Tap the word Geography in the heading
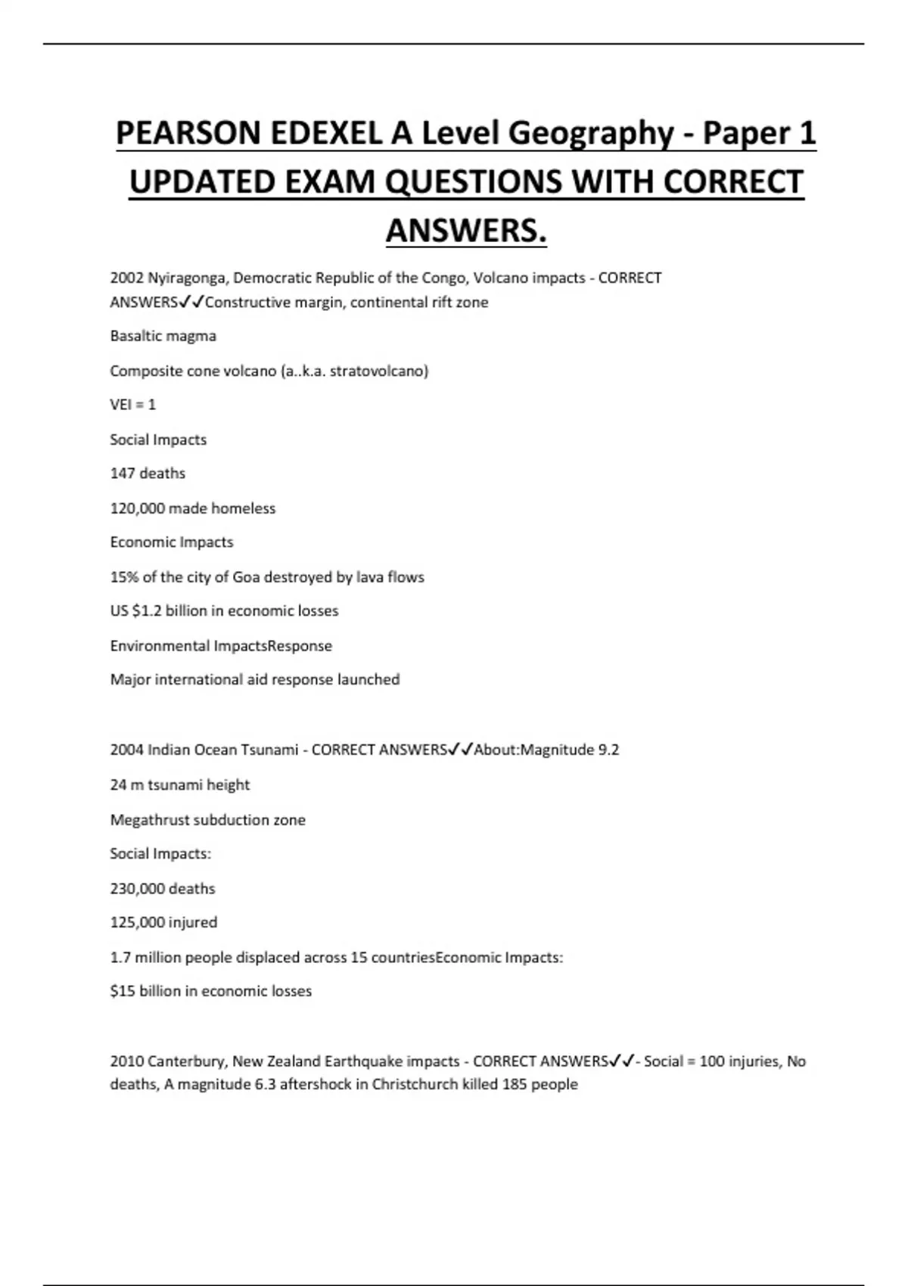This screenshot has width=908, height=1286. coord(590,134)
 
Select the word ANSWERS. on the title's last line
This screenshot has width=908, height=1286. coord(466,230)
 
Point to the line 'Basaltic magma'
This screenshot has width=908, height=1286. coord(163,336)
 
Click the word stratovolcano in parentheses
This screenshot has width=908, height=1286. coord(378,371)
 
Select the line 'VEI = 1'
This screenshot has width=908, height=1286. coord(132,405)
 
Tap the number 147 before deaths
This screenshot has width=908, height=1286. coord(122,474)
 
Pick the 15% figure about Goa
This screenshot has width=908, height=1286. coord(124,577)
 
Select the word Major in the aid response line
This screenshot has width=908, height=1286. coord(129,680)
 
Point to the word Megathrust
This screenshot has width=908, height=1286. coord(150,820)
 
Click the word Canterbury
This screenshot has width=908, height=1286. coord(188,1061)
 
